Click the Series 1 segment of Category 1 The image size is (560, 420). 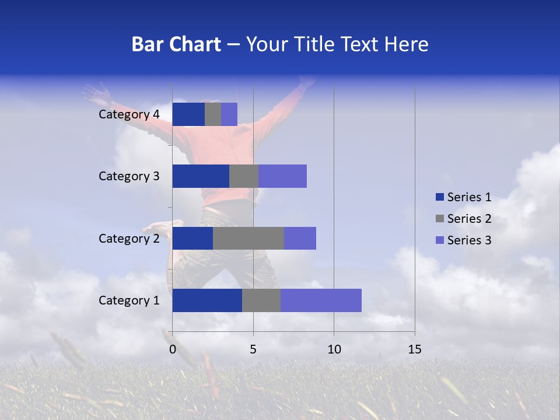click(207, 300)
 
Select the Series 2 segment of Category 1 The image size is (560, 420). click(261, 300)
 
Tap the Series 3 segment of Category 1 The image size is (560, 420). click(321, 300)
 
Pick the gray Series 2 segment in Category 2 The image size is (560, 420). click(249, 238)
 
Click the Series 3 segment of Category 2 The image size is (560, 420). click(300, 238)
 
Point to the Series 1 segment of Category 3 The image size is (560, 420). click(201, 176)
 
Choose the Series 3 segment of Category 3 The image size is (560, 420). click(282, 176)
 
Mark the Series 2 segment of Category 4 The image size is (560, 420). click(213, 114)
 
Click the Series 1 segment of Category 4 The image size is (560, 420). click(188, 114)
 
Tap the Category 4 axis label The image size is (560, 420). click(129, 114)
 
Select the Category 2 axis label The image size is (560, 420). click(129, 238)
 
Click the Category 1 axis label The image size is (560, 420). click(129, 300)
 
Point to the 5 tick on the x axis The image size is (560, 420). click(253, 349)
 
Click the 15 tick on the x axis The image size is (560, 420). click(414, 349)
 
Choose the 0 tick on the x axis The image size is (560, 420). click(173, 349)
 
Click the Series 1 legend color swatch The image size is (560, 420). click(440, 197)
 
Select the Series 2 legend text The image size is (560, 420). click(469, 219)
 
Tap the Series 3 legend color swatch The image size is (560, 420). click(440, 240)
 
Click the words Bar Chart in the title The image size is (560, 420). click(176, 44)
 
